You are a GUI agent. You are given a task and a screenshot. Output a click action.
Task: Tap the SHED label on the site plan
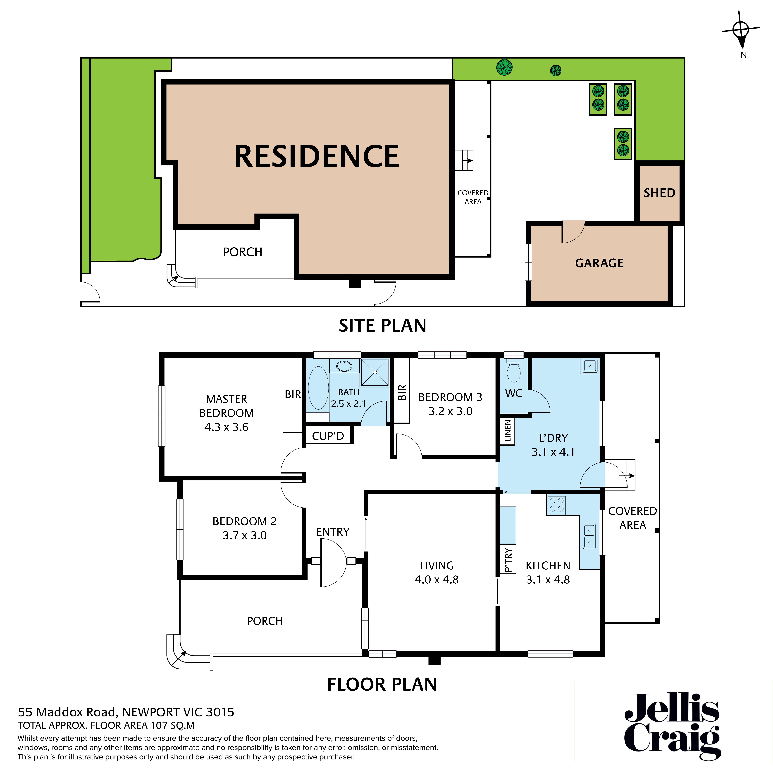[x=659, y=193]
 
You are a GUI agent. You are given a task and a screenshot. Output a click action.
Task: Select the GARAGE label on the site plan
[x=599, y=263]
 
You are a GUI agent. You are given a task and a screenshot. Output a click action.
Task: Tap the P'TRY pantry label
[x=508, y=560]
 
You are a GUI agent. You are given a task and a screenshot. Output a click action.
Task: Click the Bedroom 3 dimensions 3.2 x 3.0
[x=450, y=411]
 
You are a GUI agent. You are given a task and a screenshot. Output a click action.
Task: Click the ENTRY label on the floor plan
[x=332, y=532]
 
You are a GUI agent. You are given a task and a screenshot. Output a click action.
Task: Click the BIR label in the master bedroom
[x=292, y=394]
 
